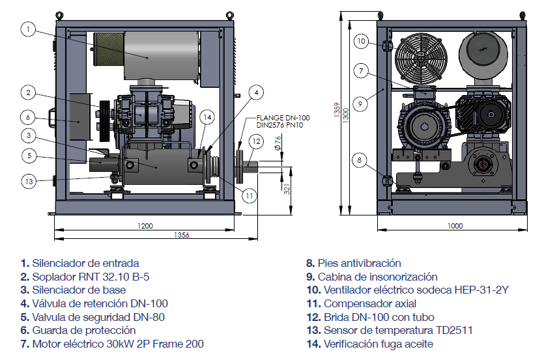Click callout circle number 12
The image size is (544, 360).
tap(257, 141)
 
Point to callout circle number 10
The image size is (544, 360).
tap(362, 41)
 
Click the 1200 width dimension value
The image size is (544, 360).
tap(145, 226)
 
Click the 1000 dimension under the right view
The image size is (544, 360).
tap(455, 226)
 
